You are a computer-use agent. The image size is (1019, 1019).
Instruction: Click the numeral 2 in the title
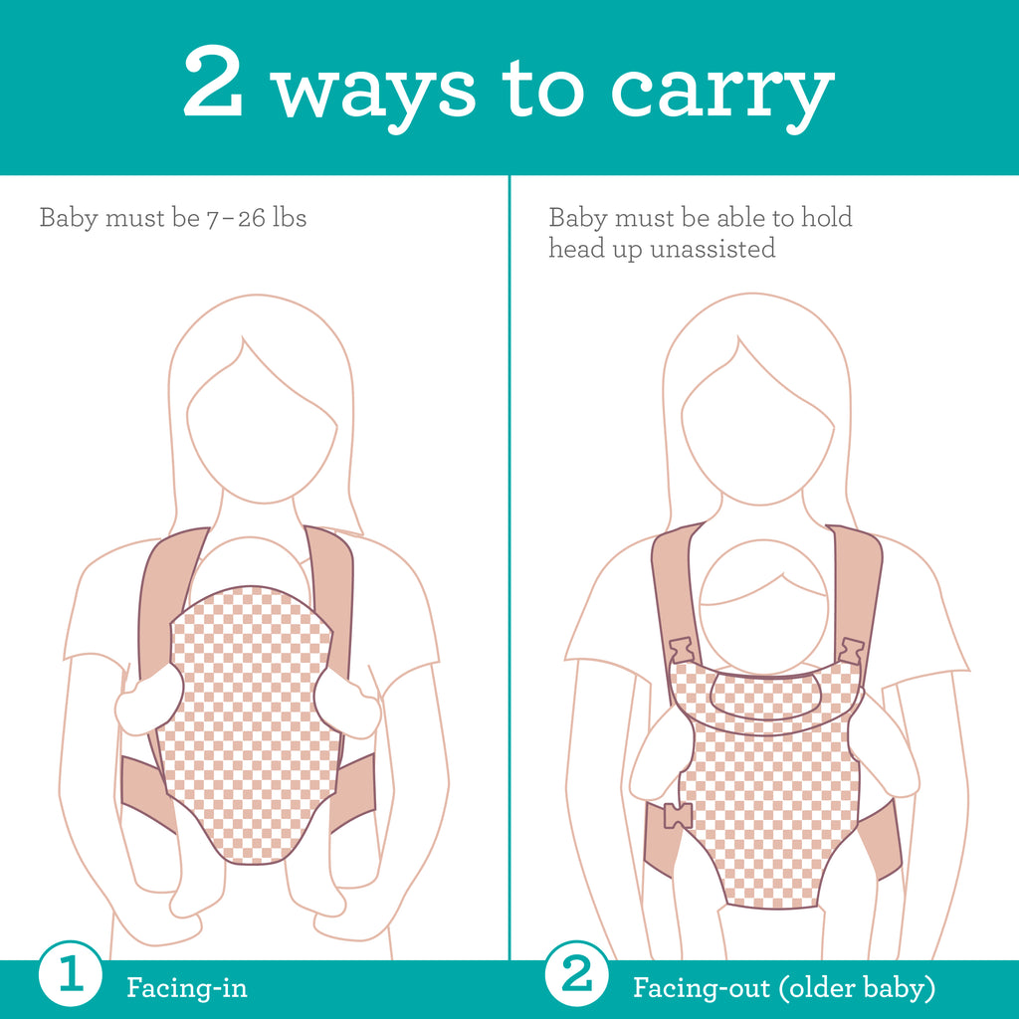tap(213, 82)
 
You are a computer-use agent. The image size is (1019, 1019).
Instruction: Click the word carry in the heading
tap(722, 95)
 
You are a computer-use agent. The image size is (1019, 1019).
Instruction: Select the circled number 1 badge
tap(71, 974)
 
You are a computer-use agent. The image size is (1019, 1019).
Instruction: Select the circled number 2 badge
tap(576, 974)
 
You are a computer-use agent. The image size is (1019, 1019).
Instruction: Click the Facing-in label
tap(187, 988)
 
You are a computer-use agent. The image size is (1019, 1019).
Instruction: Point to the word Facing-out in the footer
tap(702, 988)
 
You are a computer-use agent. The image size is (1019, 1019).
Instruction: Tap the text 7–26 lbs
tap(256, 218)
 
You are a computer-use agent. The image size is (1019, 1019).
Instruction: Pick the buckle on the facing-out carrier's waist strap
tap(678, 816)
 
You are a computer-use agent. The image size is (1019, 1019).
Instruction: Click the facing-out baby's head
tap(764, 606)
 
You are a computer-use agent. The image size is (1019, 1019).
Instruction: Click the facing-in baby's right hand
tap(347, 705)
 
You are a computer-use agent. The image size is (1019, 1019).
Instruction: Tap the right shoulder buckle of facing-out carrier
tap(851, 651)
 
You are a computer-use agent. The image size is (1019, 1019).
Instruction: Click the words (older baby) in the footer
tap(857, 988)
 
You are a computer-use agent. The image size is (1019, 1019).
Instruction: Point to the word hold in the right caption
tap(826, 217)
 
